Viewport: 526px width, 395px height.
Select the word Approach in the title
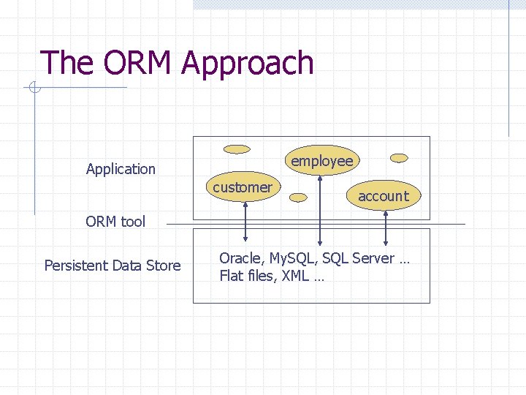(x=248, y=64)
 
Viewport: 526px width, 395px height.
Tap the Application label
(x=121, y=169)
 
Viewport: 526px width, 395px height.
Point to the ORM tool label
(x=115, y=222)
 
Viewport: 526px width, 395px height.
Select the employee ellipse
(x=321, y=161)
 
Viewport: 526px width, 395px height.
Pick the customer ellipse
(x=242, y=187)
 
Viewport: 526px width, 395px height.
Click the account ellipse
(x=384, y=195)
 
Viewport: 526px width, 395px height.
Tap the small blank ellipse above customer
(x=237, y=149)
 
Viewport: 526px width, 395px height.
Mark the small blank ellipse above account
(x=399, y=157)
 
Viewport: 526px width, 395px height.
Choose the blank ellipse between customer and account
(x=298, y=196)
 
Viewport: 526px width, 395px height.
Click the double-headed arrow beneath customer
(x=245, y=221)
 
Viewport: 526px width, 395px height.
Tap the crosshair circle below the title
(x=34, y=89)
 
